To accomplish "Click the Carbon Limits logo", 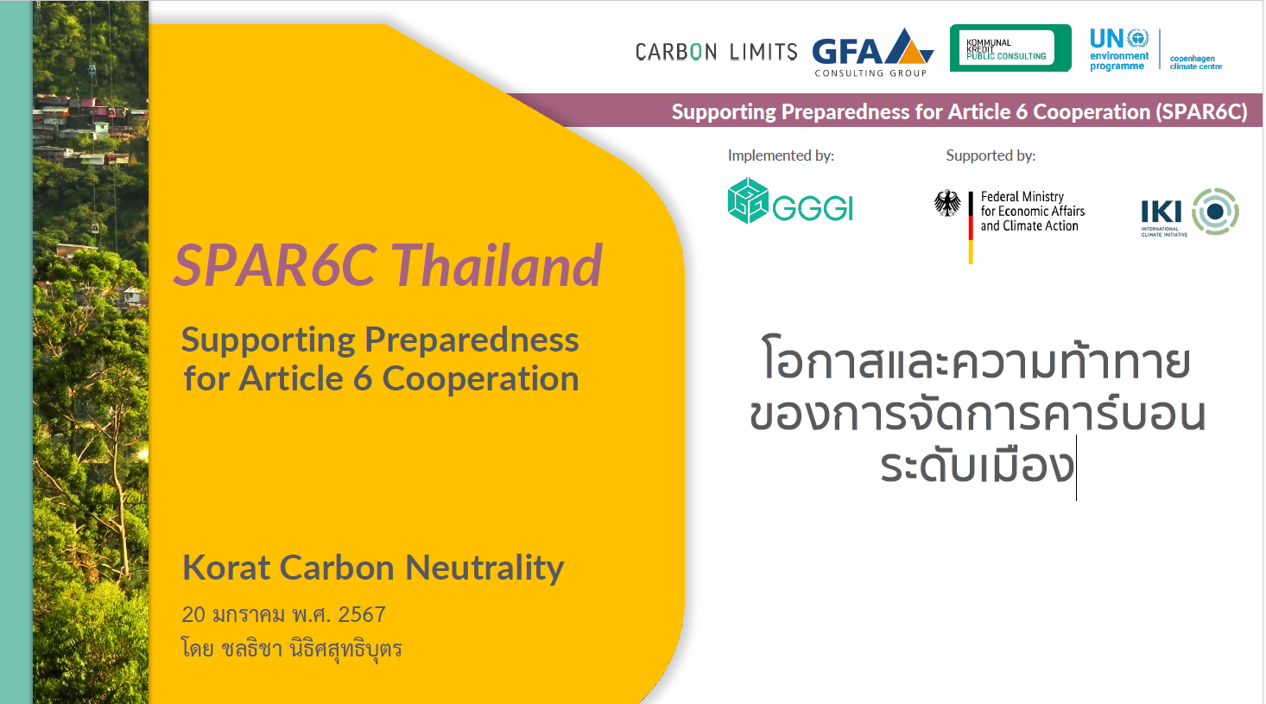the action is coord(716,52).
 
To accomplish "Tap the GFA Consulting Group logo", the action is coord(872,53).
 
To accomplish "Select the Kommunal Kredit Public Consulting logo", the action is coord(1010,48).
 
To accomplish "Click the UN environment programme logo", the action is coord(1119,50).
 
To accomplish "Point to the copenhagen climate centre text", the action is coord(1195,62).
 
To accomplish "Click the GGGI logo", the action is coord(790,201).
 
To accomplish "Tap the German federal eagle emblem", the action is coord(947,203).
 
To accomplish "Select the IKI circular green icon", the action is coord(1215,212).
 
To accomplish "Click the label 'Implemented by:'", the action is coord(781,155).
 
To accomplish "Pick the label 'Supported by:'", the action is coord(991,155).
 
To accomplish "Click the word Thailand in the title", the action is coord(497,265).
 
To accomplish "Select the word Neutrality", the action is coord(485,568).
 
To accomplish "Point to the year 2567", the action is coord(362,615).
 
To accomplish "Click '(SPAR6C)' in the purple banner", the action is coord(1201,112).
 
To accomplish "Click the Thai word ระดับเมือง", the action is coord(978,466).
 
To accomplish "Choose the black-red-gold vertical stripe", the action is coord(971,227).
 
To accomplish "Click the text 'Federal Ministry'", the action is coord(1022,196).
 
